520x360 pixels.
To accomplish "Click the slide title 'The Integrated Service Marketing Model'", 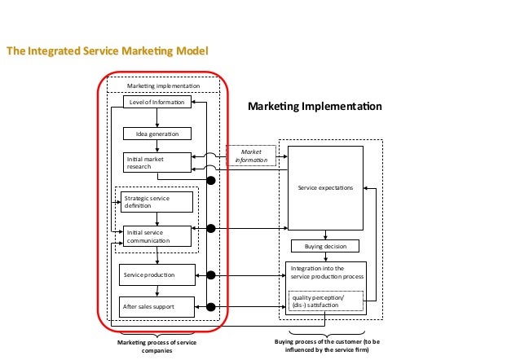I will point(108,51).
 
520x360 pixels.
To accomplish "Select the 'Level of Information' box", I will point(157,102).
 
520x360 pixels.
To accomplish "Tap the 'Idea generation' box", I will point(157,133).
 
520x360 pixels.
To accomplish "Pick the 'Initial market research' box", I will point(157,163).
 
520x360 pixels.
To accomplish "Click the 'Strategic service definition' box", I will point(156,202).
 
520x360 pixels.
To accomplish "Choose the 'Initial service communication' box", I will point(156,236).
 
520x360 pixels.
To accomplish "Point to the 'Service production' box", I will point(157,276).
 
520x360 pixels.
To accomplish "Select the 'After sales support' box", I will point(157,307).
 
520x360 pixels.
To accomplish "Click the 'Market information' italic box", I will point(251,156).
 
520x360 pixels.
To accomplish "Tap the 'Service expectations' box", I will point(325,188).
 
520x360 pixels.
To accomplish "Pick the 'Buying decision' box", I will point(325,246).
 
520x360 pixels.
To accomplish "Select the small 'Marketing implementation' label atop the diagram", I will point(163,86).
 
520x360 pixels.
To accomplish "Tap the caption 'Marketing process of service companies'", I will point(157,346).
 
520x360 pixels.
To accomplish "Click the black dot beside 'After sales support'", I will point(211,307).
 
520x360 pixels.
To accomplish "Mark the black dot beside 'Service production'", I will point(211,276).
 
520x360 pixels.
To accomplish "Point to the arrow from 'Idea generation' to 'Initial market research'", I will point(157,146).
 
